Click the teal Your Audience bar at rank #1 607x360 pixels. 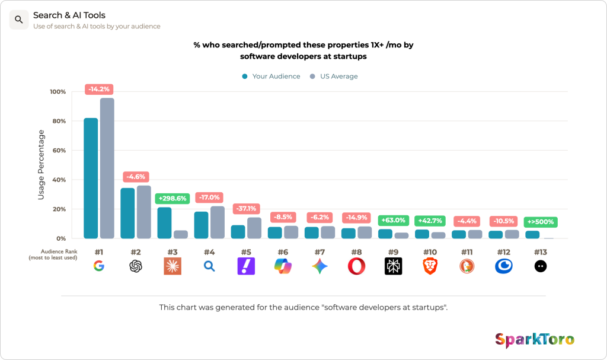point(91,179)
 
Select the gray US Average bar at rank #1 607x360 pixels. point(107,168)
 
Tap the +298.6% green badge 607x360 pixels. point(172,199)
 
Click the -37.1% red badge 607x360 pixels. point(246,209)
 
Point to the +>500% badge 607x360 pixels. point(541,222)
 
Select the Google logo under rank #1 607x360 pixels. point(99,266)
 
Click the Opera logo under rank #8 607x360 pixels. point(356,266)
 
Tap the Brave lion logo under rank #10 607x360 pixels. point(430,266)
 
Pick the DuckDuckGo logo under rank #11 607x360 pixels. point(467,266)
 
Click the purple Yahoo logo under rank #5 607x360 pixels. point(246,266)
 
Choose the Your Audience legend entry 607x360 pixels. point(271,77)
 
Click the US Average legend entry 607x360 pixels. point(334,77)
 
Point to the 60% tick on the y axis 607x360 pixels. point(59,151)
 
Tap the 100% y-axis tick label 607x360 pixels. point(57,92)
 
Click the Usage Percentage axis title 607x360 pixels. point(41,165)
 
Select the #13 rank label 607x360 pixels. point(541,252)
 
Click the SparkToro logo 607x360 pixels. point(535,340)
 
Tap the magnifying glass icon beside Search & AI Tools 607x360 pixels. point(19,20)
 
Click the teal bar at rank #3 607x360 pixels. point(165,223)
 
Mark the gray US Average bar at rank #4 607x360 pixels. point(218,222)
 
